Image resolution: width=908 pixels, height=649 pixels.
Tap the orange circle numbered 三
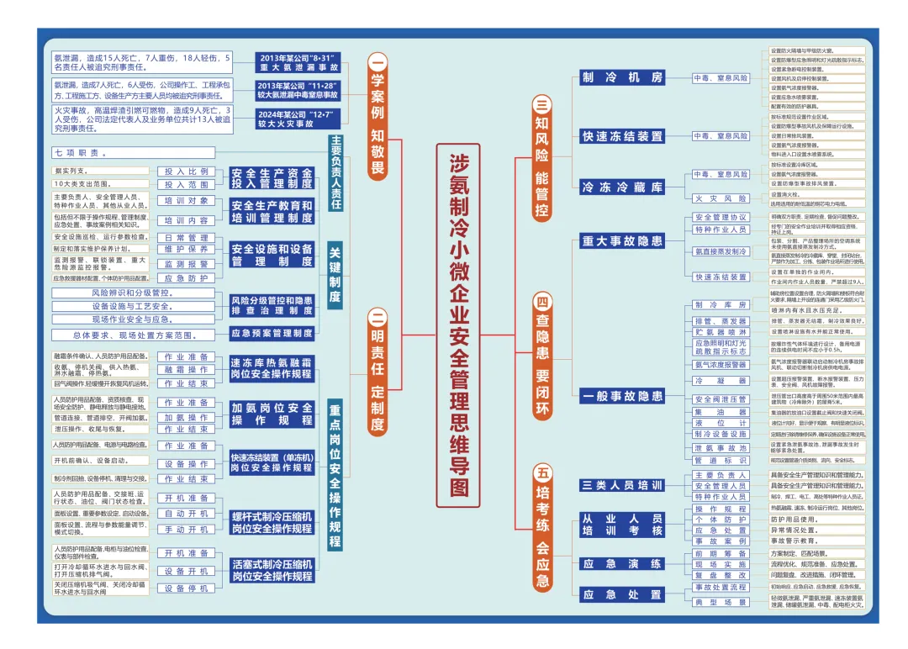click(542, 105)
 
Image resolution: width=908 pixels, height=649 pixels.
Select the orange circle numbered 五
click(542, 473)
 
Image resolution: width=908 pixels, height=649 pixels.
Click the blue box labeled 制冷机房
click(623, 77)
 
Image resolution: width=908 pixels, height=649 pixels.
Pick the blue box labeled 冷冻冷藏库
click(623, 187)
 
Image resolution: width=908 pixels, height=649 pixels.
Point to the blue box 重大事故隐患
click(623, 241)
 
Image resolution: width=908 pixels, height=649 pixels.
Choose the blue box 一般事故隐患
click(623, 395)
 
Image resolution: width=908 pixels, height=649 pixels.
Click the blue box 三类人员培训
click(623, 486)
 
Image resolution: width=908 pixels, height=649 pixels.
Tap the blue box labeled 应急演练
click(623, 563)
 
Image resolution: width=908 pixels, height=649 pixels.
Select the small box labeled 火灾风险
click(721, 198)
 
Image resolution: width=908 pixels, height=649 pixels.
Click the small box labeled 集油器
click(721, 413)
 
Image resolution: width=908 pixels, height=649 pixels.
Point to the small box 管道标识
click(721, 460)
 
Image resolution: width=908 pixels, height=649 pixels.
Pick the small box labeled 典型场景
click(721, 602)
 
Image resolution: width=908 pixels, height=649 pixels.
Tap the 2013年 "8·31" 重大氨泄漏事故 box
click(286, 61)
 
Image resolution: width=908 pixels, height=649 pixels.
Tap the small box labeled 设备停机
click(186, 588)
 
